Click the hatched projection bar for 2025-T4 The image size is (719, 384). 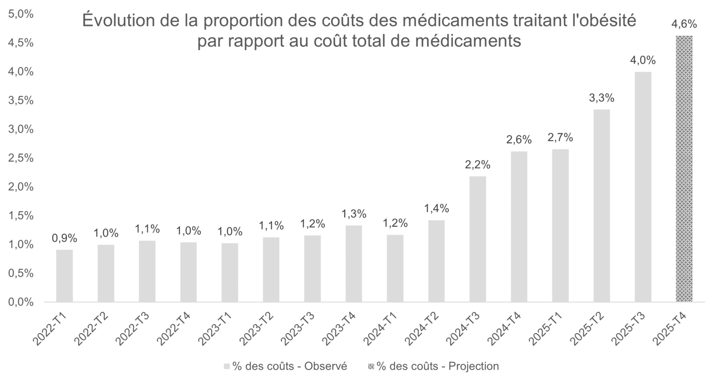point(684,169)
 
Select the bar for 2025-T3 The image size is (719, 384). point(643,187)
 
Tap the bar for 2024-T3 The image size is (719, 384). point(477,239)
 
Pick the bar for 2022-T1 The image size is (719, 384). point(64,276)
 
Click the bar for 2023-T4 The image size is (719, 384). point(354,263)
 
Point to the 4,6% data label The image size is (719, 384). point(684,24)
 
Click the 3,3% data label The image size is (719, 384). point(602,98)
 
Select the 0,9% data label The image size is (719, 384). point(64,238)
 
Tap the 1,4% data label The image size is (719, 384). point(436,209)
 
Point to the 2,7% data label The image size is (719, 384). point(560,137)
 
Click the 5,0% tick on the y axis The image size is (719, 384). point(21,14)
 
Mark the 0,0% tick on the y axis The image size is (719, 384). point(21,302)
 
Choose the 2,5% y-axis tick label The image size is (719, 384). point(21,158)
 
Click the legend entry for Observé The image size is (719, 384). point(285,366)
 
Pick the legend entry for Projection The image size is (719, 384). point(434,366)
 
